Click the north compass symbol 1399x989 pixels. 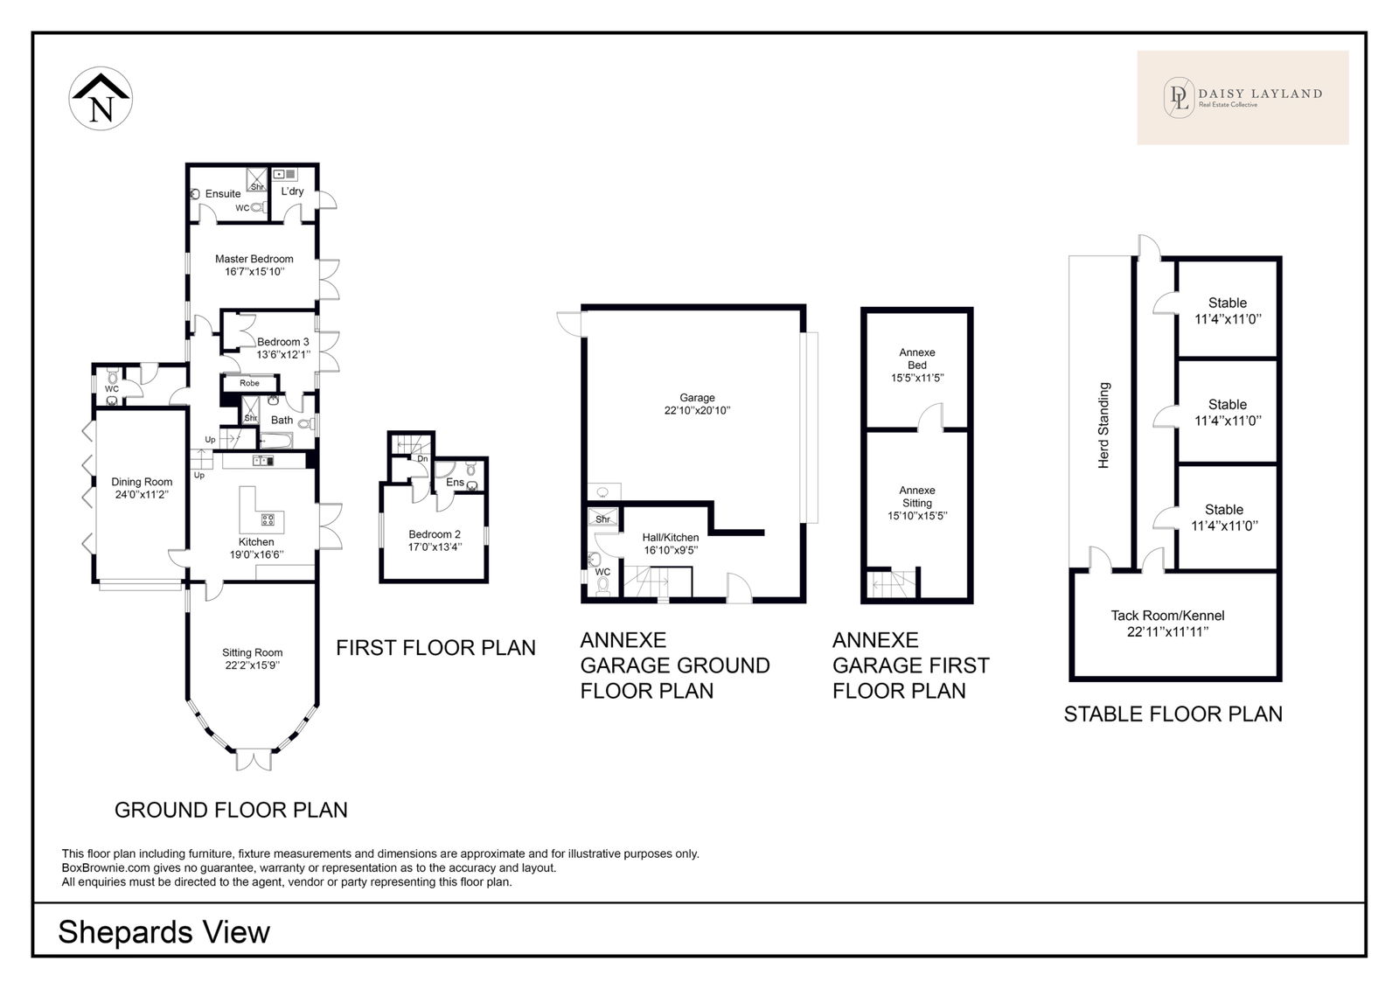[101, 99]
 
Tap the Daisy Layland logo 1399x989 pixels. [1242, 97]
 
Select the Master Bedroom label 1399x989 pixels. [254, 259]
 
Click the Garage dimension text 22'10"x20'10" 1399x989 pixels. [697, 410]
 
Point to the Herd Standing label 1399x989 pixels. [1103, 426]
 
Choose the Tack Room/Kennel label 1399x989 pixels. [1167, 616]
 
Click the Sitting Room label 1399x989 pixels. [253, 652]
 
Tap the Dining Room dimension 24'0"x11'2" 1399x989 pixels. [142, 495]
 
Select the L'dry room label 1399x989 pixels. [292, 192]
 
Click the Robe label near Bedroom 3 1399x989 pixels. [249, 383]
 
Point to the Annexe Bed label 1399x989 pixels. [917, 359]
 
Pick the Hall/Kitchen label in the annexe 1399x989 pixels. [670, 537]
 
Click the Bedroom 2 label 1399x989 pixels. [435, 534]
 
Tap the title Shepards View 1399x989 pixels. [164, 932]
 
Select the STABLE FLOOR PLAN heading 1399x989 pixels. [1173, 714]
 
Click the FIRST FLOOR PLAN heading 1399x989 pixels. [436, 648]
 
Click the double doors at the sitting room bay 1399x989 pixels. [254, 761]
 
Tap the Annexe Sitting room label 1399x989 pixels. [917, 497]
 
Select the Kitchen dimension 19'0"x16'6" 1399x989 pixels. [256, 554]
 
